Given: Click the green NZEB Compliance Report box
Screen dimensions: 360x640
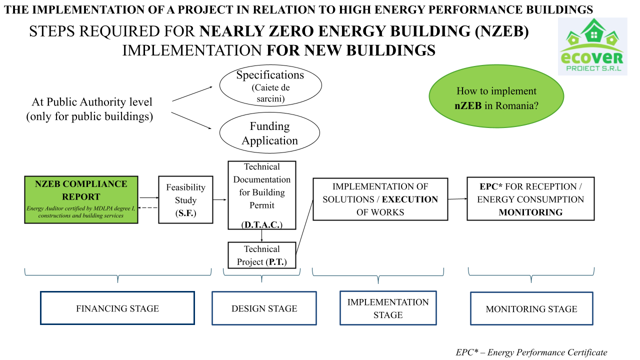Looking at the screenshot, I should point(81,199).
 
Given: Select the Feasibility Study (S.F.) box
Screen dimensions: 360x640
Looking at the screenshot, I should point(185,199).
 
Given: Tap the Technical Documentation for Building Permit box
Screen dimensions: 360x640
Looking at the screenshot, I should point(261,194).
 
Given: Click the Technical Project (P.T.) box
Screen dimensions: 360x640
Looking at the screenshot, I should point(261,255).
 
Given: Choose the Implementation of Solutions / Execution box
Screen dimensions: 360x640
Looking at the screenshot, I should point(380,199).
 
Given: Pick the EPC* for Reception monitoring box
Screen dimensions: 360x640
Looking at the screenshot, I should point(530,198).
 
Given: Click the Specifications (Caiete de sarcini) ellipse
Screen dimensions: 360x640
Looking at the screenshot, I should point(270,85).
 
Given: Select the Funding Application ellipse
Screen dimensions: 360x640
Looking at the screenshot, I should point(269,133).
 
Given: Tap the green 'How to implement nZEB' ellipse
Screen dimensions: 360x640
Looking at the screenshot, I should point(496,98).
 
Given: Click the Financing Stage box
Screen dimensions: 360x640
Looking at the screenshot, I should point(117,308).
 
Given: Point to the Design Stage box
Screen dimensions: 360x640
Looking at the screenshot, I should point(264,308).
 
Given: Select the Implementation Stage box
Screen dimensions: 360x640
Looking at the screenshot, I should point(388,308).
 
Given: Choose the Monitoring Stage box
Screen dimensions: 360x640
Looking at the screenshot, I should point(531,308).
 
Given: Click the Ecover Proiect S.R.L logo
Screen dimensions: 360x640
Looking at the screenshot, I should point(592,46).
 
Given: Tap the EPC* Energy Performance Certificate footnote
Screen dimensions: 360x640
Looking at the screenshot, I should point(531,352).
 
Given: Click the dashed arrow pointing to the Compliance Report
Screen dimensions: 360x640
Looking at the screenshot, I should point(148,207).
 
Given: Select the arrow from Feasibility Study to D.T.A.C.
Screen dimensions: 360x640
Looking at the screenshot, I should point(220,199).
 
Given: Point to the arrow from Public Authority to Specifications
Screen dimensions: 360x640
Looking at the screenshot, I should point(192,93).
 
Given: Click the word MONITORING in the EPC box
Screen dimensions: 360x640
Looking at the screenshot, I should point(530,212).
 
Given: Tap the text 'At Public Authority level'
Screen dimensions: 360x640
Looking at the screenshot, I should point(92,102).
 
